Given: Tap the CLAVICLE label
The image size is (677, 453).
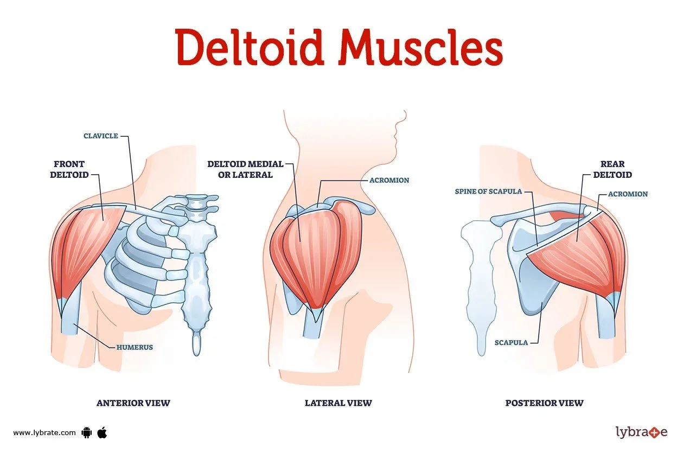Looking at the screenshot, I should coord(100,136).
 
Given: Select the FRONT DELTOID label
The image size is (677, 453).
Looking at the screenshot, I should coord(69,169).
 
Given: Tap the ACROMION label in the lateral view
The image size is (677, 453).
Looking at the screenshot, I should coord(389,180).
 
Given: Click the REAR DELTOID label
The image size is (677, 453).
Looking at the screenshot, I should coord(612,169).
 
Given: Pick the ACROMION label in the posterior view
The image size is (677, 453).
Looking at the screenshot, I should coord(628,194).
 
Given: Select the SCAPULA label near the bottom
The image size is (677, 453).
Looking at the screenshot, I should coord(511,342).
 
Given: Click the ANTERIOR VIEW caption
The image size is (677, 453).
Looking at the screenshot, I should coord(133,403).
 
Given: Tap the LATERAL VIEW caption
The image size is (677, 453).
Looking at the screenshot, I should coord(338,403).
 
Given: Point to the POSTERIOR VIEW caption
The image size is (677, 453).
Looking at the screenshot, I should coord(544,403).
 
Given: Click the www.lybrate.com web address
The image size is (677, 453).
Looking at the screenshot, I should coord(44,432).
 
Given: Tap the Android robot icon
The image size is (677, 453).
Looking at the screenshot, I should coord(86,432).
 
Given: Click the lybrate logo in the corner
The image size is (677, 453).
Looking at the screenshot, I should coord(641,432).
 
